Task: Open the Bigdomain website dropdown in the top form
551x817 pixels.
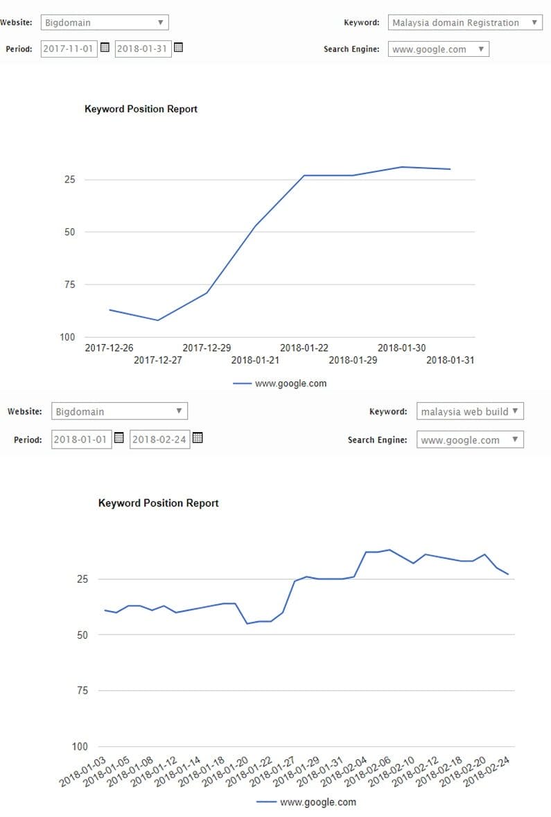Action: click(104, 22)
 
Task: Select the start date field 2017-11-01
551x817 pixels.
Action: click(69, 49)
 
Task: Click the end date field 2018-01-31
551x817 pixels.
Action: click(142, 49)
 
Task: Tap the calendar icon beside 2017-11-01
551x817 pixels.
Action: click(105, 48)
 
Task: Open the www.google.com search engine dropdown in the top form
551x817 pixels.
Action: click(438, 49)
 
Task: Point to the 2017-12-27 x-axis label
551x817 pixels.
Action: click(157, 360)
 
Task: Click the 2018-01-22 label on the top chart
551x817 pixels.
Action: click(304, 348)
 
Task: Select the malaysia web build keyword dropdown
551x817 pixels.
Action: click(470, 411)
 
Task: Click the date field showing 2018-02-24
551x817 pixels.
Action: click(159, 440)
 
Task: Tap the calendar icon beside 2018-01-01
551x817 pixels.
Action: click(119, 438)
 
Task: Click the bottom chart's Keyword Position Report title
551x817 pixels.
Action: click(158, 503)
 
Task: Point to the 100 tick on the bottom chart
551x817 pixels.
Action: click(80, 746)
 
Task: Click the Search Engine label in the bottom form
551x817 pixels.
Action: click(377, 440)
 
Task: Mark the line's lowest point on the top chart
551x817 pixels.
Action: click(158, 320)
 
